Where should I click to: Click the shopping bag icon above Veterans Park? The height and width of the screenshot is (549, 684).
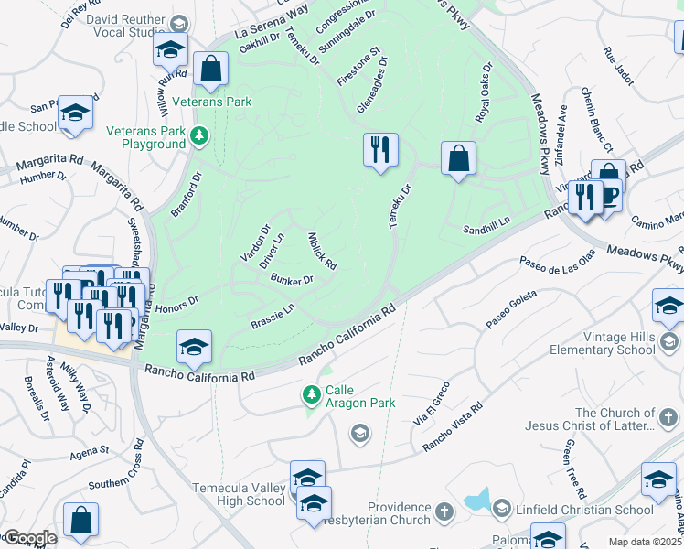210,69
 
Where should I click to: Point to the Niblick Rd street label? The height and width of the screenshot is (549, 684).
322,251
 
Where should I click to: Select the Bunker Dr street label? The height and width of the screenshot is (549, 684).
292,280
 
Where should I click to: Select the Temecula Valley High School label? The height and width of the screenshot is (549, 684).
240,494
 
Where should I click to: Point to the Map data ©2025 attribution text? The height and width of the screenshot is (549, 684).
645,542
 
